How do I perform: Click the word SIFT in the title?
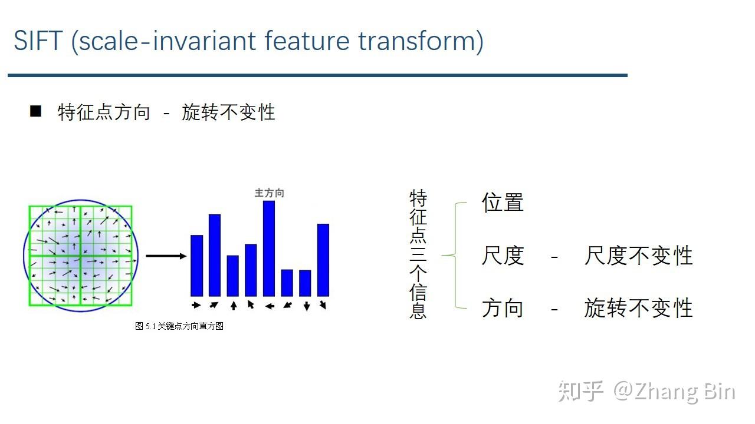pyautogui.click(x=38, y=41)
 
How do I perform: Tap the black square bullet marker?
pyautogui.click(x=36, y=111)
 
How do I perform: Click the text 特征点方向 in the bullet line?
pyautogui.click(x=104, y=112)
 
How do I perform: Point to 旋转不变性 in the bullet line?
pyautogui.click(x=228, y=112)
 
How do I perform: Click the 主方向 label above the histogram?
pyautogui.click(x=269, y=193)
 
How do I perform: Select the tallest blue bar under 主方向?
pyautogui.click(x=269, y=249)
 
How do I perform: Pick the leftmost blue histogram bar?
pyautogui.click(x=196, y=266)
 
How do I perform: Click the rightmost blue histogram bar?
pyautogui.click(x=323, y=260)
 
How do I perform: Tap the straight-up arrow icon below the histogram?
pyautogui.click(x=234, y=305)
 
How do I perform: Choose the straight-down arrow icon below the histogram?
pyautogui.click(x=306, y=306)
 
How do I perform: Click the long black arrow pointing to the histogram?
pyautogui.click(x=166, y=256)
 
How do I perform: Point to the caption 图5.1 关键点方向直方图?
pyautogui.click(x=179, y=326)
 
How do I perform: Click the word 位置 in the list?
pyautogui.click(x=503, y=203)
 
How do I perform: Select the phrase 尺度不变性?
pyautogui.click(x=638, y=256)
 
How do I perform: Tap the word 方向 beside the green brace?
pyautogui.click(x=503, y=308)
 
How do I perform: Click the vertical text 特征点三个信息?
pyautogui.click(x=418, y=254)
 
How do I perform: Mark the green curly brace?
pyautogui.click(x=455, y=255)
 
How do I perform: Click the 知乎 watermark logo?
pyautogui.click(x=581, y=392)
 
